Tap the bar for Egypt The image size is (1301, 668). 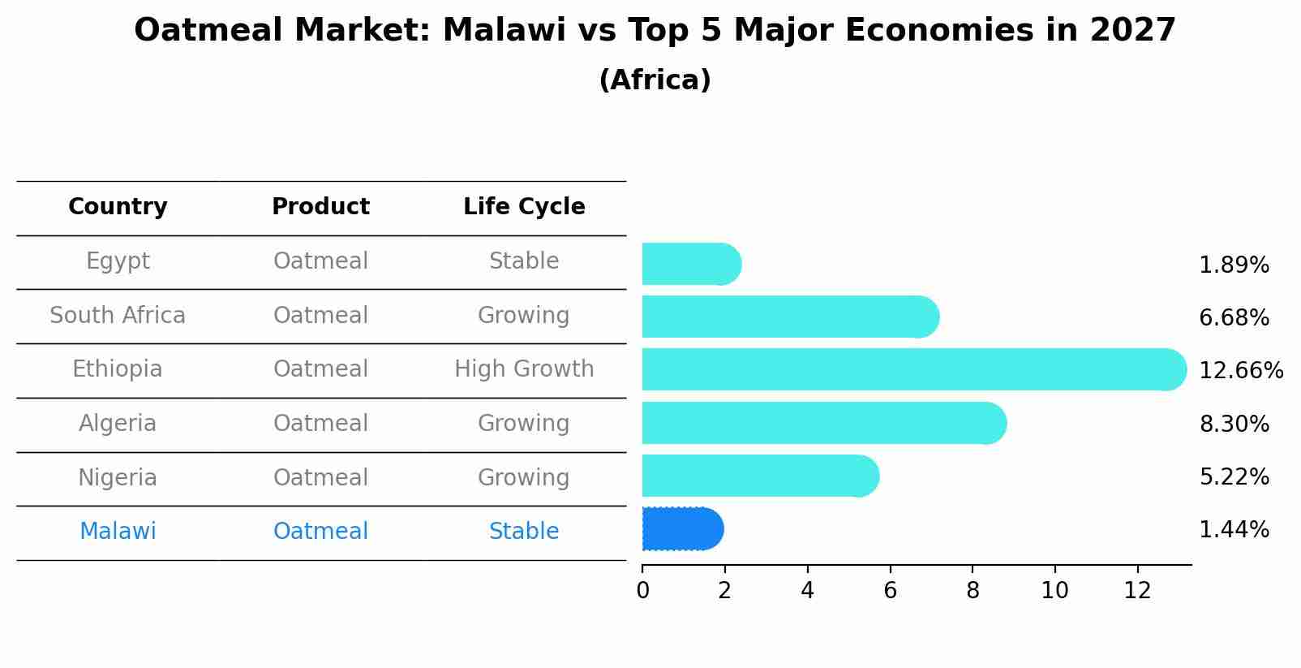coord(690,264)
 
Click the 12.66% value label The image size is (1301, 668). coord(1240,371)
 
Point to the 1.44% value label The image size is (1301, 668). coord(1234,530)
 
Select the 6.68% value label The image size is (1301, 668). coord(1234,317)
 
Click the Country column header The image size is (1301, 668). coord(118,207)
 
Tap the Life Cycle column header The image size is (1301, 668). coord(524,207)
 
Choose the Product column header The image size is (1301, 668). coord(320,207)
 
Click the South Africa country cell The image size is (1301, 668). coord(118,315)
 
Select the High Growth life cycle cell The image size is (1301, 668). coord(524,369)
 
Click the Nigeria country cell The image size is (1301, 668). coord(118,477)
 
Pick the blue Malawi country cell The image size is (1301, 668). coord(118,532)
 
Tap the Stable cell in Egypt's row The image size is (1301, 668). coord(524,261)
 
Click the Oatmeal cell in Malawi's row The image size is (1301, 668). coord(320,532)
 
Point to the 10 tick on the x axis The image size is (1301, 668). coord(1054,591)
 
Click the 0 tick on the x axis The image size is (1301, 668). coord(642,591)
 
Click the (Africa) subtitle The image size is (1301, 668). coord(655,80)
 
